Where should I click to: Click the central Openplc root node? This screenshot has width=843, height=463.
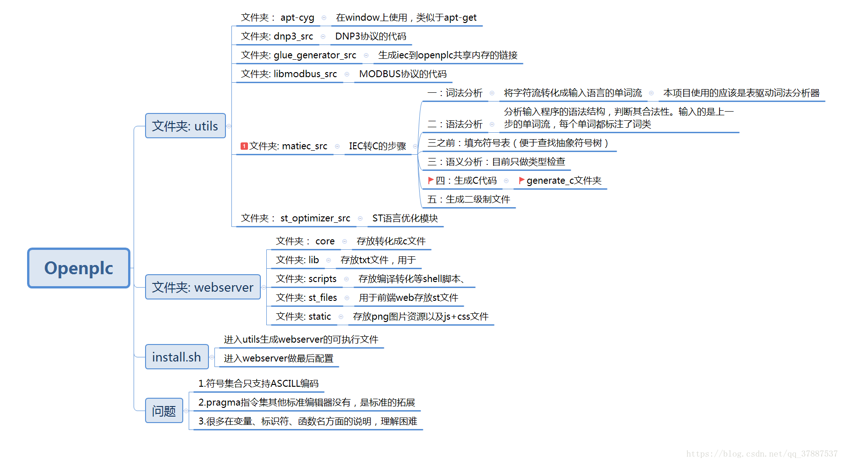tap(79, 268)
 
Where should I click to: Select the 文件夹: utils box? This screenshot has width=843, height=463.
tap(185, 126)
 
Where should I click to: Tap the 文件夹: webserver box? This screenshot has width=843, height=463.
tap(202, 287)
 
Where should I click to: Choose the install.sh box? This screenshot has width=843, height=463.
tap(176, 357)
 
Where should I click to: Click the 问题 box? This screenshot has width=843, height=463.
tap(164, 411)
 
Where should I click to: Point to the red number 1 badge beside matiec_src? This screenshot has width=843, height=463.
tap(244, 146)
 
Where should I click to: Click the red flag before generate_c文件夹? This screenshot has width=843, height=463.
tap(522, 181)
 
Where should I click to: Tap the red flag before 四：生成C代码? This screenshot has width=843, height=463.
tap(431, 180)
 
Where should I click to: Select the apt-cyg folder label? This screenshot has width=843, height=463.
tap(277, 17)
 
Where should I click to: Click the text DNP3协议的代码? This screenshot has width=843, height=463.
tap(371, 36)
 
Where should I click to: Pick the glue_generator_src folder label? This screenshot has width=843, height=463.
tap(298, 55)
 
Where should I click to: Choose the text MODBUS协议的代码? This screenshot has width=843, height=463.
tap(403, 74)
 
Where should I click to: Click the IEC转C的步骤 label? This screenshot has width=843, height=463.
tap(377, 146)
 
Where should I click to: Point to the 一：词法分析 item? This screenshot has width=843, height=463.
tap(455, 93)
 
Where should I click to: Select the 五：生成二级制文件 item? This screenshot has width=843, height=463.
tap(468, 199)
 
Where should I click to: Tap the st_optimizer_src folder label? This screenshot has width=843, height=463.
tap(295, 218)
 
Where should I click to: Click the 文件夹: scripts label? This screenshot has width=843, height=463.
tap(306, 279)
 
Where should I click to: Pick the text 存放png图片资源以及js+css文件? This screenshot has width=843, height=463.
tap(421, 316)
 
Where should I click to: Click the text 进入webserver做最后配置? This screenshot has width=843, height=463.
tap(278, 358)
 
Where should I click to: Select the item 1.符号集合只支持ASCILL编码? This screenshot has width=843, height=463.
tap(258, 384)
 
